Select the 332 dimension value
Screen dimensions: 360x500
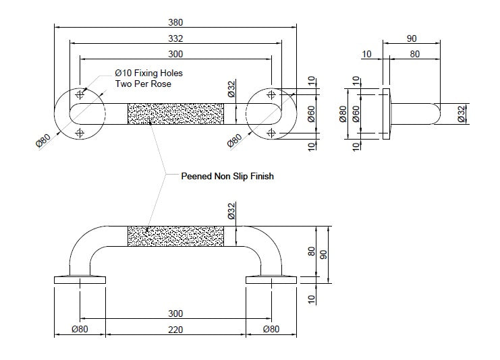click(175, 39)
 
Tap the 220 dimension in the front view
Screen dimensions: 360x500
click(175, 330)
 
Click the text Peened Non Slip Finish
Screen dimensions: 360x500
click(227, 177)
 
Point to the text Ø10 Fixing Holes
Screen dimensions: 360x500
click(148, 73)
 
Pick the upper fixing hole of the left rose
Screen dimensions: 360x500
click(80, 93)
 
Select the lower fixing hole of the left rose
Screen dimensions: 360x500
click(80, 132)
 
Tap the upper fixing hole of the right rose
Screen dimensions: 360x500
click(271, 93)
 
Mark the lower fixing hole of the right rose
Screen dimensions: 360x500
click(271, 132)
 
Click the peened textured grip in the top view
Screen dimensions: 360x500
click(175, 113)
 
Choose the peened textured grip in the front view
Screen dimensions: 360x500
click(175, 237)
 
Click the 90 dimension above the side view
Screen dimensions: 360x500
click(412, 39)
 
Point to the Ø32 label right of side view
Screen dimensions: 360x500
click(461, 113)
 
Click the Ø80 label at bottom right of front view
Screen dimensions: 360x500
click(271, 330)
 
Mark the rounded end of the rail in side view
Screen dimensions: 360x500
click(435, 113)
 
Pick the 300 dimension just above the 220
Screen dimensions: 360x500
click(175, 313)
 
